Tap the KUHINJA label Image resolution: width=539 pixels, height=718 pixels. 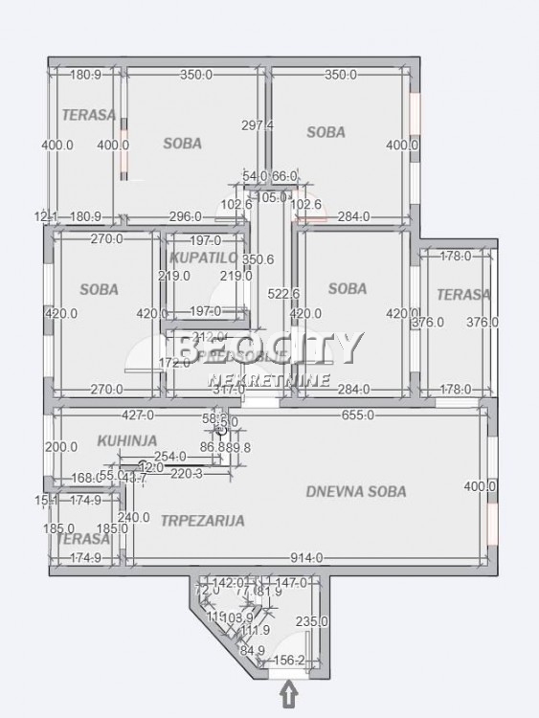(126, 441)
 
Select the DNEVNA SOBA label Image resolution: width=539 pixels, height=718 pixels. (356, 491)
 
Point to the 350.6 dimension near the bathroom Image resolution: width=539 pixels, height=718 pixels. (258, 258)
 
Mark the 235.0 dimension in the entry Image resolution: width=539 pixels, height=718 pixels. (312, 621)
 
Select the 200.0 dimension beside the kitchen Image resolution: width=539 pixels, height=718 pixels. (61, 447)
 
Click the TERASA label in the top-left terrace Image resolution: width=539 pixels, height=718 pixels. (89, 115)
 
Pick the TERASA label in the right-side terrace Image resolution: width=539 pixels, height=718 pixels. (462, 294)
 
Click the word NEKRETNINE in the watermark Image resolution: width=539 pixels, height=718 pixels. (269, 380)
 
